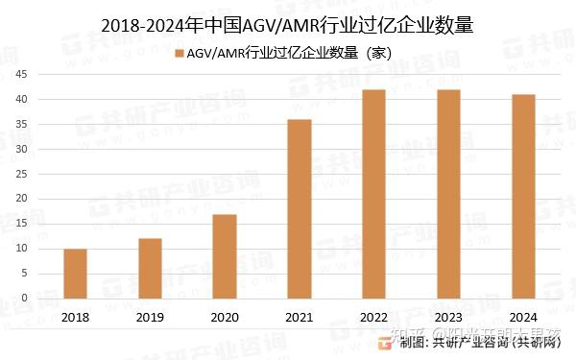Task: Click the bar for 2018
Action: click(75, 274)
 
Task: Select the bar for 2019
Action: click(149, 269)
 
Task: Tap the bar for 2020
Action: click(223, 256)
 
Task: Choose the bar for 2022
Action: click(374, 194)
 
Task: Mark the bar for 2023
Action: click(448, 194)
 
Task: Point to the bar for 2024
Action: click(523, 196)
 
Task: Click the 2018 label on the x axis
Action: click(75, 316)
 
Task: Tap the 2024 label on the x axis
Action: click(523, 316)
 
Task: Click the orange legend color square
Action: click(179, 51)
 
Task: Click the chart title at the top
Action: click(287, 21)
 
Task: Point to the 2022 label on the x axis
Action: click(374, 316)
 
